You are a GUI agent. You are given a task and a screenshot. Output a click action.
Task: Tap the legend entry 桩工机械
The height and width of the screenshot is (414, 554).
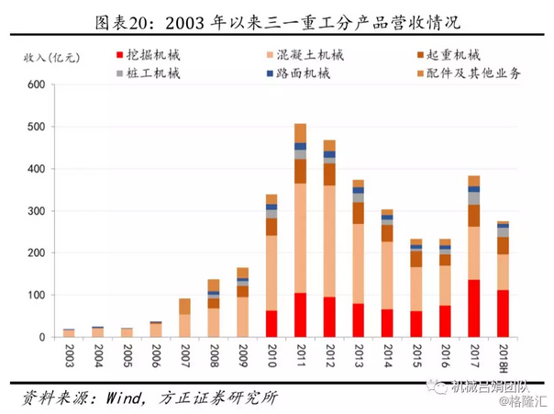153,73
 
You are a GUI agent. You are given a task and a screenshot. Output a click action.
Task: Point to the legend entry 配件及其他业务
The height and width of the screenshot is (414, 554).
469,73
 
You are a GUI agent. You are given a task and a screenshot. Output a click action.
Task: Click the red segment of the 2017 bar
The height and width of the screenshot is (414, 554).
473,308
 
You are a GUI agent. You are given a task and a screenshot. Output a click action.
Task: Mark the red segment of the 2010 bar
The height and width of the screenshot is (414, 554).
271,323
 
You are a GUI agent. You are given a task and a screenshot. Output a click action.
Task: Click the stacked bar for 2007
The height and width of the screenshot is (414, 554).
184,318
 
